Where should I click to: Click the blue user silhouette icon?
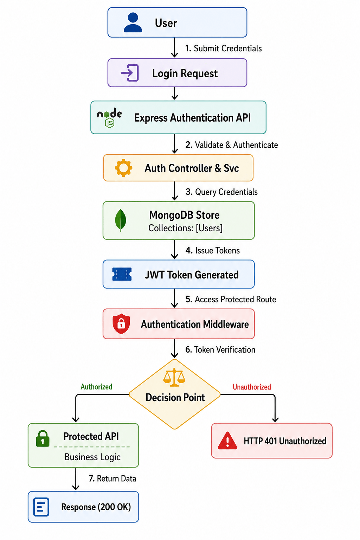(133, 22)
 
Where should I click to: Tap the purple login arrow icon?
(130, 72)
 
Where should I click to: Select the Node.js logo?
(109, 118)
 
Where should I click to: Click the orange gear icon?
(123, 168)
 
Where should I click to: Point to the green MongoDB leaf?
(121, 220)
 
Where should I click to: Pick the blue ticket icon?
(122, 274)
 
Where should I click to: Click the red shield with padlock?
(121, 324)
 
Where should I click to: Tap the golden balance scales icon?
(174, 378)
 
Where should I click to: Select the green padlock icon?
(43, 438)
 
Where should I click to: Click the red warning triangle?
(227, 441)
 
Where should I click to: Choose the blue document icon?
(41, 507)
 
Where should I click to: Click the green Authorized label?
(96, 387)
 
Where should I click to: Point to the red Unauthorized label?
(252, 387)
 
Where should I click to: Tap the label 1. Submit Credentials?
(223, 48)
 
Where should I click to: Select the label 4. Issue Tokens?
(212, 250)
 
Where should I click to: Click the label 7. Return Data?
(112, 478)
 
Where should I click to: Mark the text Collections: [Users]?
(185, 228)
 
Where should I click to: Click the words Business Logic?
(92, 457)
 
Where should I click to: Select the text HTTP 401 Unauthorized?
(285, 441)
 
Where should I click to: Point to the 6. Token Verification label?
(220, 349)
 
